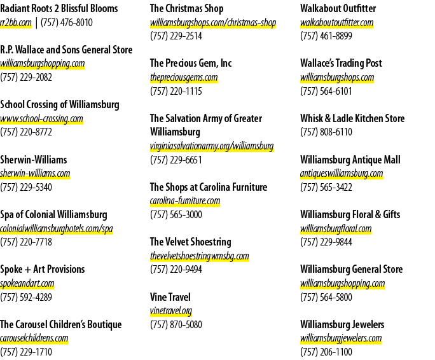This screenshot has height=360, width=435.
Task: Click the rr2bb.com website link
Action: pos(16,23)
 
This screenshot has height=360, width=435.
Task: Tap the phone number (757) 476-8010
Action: pos(67,23)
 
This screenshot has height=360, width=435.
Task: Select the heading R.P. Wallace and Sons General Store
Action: pos(66,50)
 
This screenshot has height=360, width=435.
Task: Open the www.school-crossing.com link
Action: pos(41,118)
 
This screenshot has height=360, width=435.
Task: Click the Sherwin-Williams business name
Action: pos(34,160)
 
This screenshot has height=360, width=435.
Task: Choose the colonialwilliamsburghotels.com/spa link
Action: pos(57,229)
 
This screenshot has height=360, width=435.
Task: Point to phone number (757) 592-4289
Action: pos(26,297)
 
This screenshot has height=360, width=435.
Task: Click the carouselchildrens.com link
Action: pos(34,338)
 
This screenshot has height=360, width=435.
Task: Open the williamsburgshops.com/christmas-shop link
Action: pos(213,23)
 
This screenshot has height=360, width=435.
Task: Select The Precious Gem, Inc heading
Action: pos(191,63)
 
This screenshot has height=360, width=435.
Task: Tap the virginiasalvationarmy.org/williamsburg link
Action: pos(212,146)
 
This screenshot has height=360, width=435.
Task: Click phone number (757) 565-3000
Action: pos(176,214)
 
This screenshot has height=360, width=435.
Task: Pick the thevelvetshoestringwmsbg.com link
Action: pos(200,256)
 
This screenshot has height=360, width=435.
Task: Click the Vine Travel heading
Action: pos(170,297)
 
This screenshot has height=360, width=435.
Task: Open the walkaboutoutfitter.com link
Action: pos(337,22)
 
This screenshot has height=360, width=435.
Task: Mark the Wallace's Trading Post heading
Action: pos(342,63)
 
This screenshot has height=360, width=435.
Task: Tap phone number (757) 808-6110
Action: pos(326,132)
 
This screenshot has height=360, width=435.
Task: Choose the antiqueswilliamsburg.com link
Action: pos(342,174)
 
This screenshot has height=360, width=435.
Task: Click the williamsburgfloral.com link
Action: pos(336,229)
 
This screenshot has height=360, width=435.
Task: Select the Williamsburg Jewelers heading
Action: pos(342,324)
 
